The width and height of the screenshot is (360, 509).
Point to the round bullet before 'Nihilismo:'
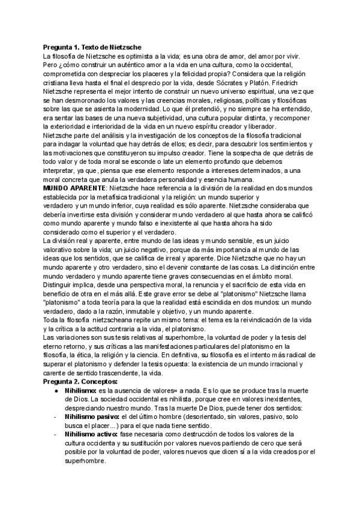55,390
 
